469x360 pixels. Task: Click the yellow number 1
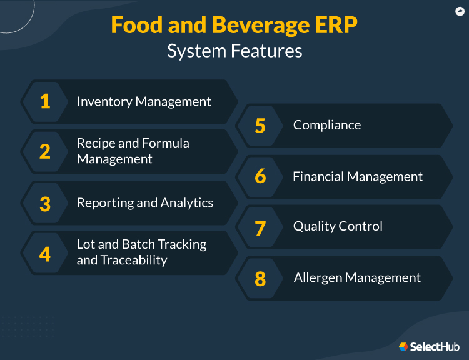45,102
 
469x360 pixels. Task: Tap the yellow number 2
45,152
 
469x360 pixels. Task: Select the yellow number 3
45,204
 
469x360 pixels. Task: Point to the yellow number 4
45,254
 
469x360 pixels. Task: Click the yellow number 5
260,126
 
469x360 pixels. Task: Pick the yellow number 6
260,177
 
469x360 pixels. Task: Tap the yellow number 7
260,227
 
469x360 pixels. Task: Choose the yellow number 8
260,279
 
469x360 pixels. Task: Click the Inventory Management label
144,102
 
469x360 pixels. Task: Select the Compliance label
327,125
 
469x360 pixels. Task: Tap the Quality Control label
338,226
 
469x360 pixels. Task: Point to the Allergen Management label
357,277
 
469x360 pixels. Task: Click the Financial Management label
358,177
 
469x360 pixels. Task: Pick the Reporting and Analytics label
145,203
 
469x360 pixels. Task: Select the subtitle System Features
234,51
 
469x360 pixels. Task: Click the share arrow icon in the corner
460,11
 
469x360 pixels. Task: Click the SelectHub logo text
433,347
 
